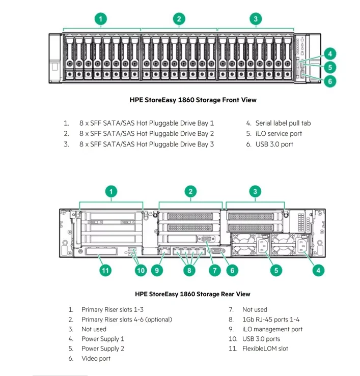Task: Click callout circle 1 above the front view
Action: click(101, 19)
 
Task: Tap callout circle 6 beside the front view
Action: click(330, 81)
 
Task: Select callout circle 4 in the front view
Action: click(330, 53)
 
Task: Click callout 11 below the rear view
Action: click(105, 271)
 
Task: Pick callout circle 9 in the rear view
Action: click(157, 271)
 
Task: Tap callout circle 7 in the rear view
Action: click(215, 271)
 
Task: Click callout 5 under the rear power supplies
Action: click(276, 271)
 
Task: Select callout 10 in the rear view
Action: click(141, 271)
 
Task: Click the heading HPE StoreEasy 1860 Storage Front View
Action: click(193, 100)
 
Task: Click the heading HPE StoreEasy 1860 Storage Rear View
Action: click(192, 294)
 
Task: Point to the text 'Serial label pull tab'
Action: click(283, 123)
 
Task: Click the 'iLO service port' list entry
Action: click(279, 134)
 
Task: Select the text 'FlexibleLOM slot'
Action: click(265, 349)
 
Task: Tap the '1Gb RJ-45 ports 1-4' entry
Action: click(271, 320)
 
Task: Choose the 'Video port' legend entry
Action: click(96, 359)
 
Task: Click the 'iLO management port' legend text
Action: click(272, 329)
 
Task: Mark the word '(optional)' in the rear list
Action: click(159, 320)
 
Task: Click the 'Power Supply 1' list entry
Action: click(103, 339)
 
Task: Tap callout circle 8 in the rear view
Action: click(189, 271)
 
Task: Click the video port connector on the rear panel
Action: click(216, 250)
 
